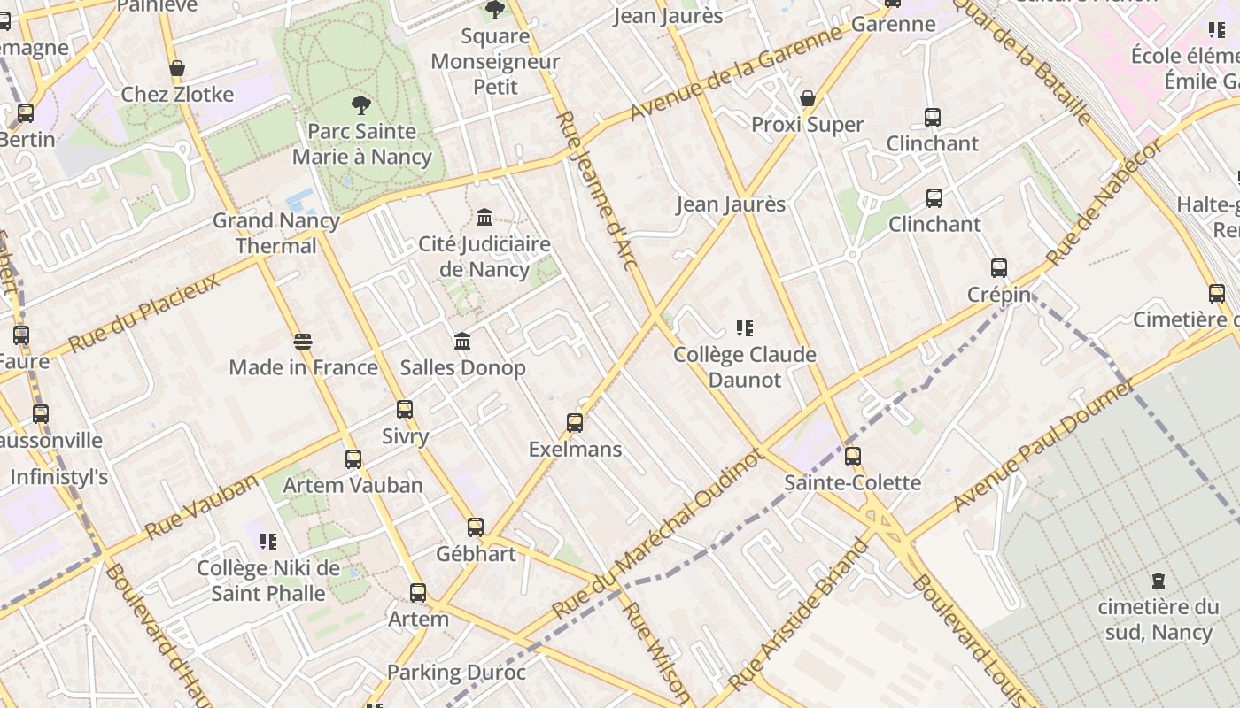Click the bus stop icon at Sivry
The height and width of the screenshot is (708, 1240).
click(x=405, y=410)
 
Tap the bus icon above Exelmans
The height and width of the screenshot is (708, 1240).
click(x=575, y=423)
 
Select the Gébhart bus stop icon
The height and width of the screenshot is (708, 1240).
click(x=476, y=527)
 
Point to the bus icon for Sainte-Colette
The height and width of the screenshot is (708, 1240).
click(x=853, y=457)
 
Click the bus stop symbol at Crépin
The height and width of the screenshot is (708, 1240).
click(x=999, y=268)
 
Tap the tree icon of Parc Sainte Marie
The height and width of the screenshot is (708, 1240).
click(x=360, y=105)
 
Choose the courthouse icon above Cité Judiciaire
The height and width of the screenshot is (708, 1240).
click(x=484, y=218)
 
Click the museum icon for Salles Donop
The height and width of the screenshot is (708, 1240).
click(x=462, y=342)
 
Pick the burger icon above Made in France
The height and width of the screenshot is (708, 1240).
click(x=303, y=342)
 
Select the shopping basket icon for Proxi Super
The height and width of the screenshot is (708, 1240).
click(x=808, y=98)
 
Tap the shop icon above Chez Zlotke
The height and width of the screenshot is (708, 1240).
click(x=177, y=69)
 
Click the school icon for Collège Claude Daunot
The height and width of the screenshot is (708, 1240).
click(x=745, y=329)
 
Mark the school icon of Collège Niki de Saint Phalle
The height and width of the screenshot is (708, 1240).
click(x=268, y=542)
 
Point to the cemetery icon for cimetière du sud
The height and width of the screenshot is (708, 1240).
click(x=1158, y=581)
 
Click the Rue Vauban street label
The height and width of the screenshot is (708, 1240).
click(x=201, y=507)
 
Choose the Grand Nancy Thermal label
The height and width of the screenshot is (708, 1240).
click(x=275, y=233)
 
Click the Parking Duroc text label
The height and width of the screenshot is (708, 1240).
click(x=456, y=673)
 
